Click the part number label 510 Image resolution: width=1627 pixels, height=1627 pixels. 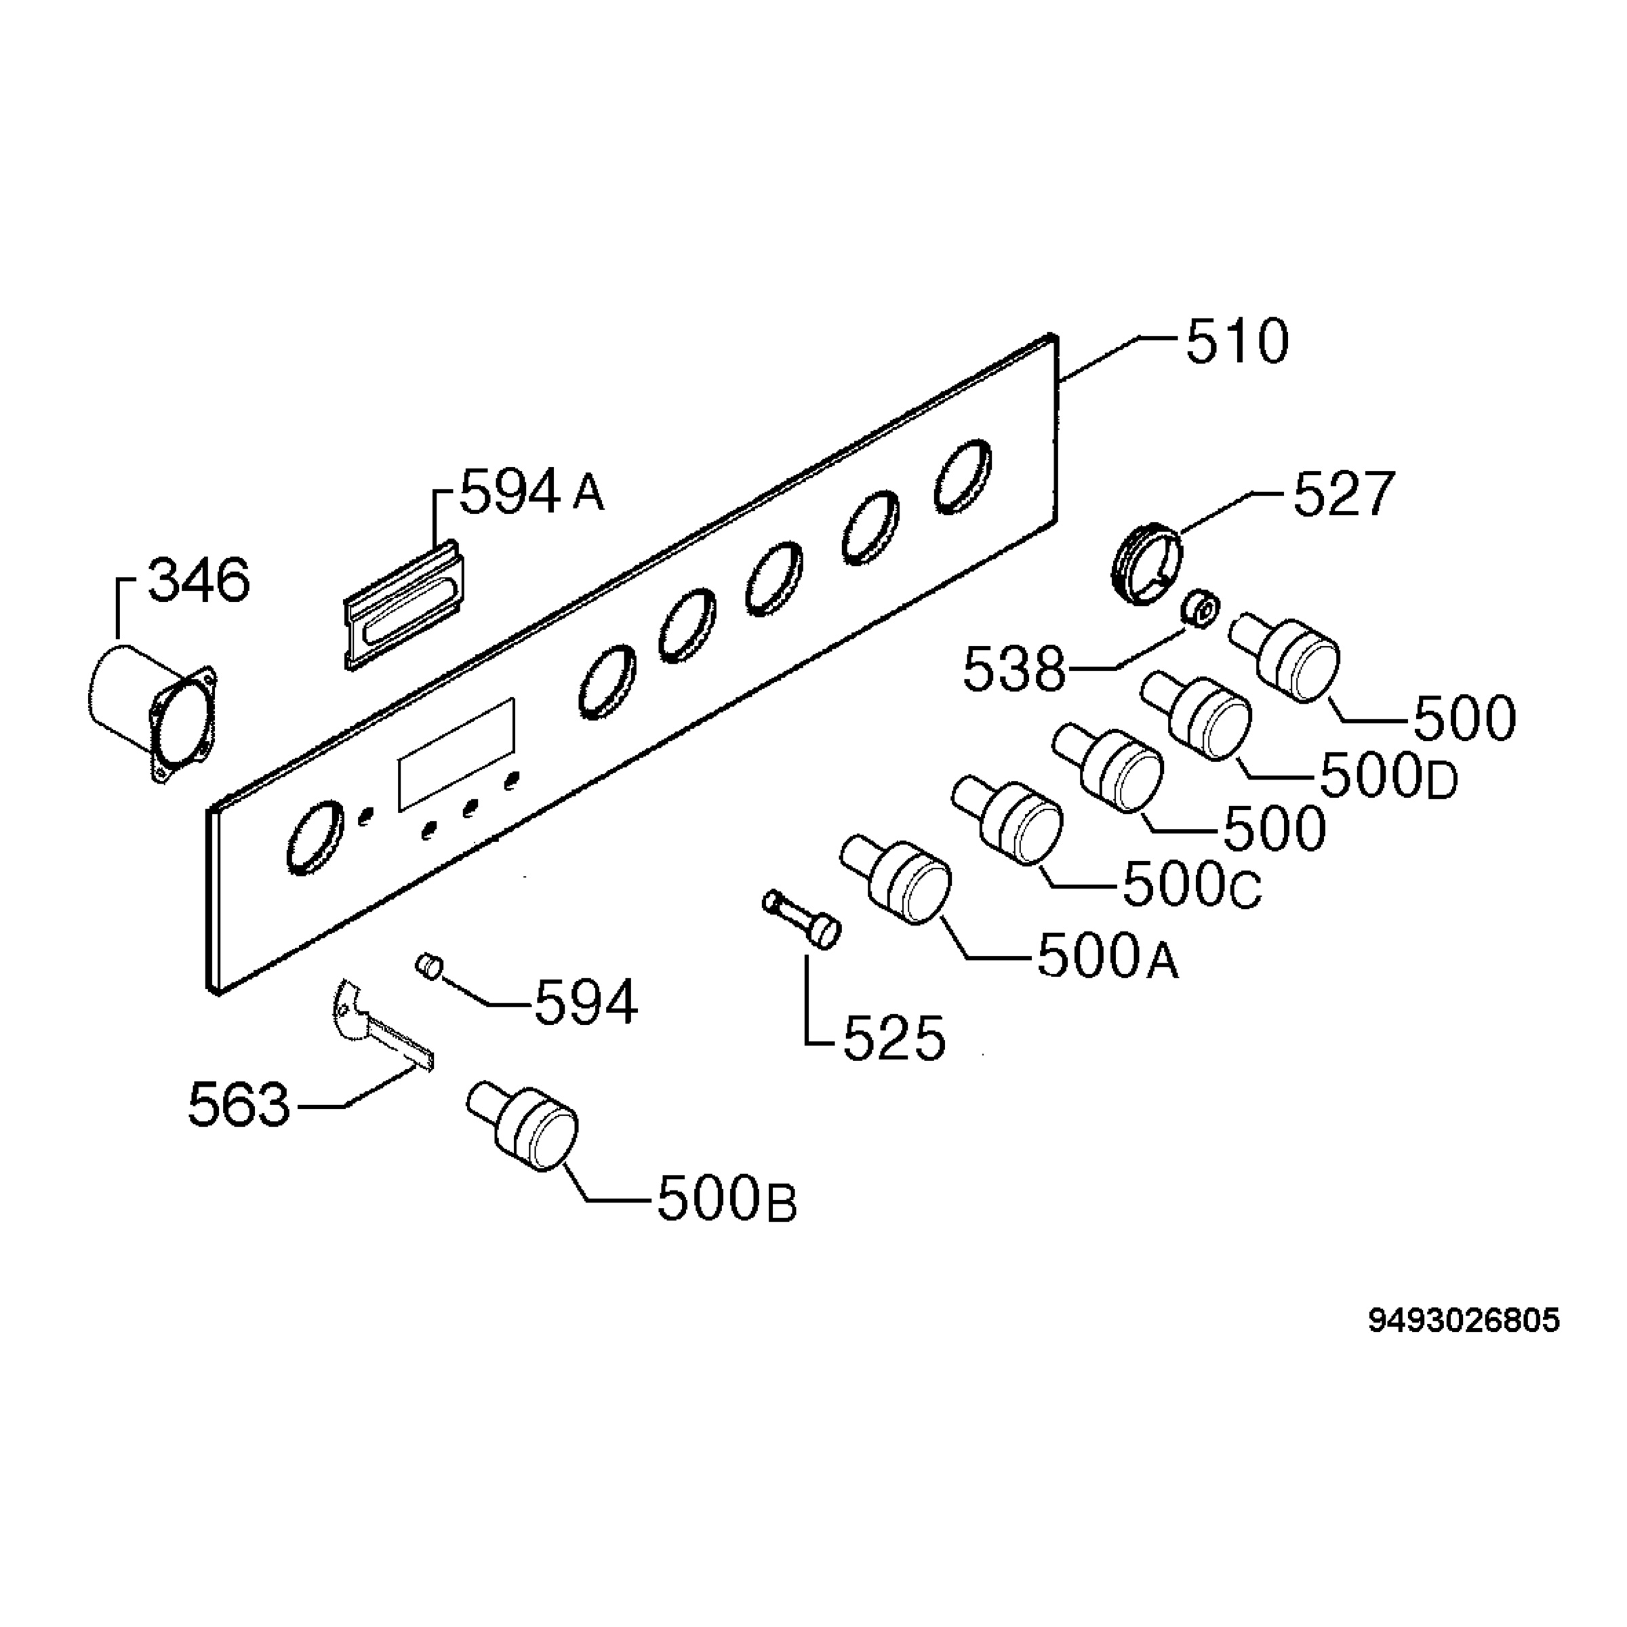(1237, 342)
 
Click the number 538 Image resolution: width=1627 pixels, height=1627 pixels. (1015, 670)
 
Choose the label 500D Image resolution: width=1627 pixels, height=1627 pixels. (1388, 775)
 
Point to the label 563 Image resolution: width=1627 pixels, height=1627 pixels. (239, 1105)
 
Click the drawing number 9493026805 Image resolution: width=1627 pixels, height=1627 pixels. (1464, 1321)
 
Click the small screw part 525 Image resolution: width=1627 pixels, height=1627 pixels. (801, 921)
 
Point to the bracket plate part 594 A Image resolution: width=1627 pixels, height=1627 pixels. (406, 605)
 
